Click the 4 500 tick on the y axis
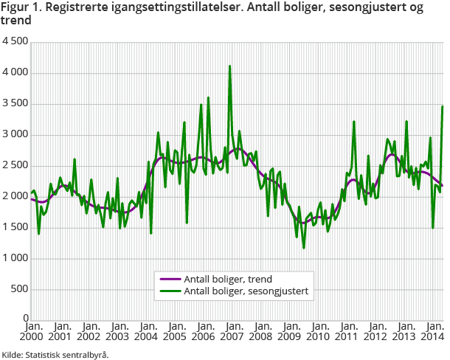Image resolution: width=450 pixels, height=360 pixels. [x=15, y=42]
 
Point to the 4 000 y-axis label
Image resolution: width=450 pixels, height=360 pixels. [x=15, y=73]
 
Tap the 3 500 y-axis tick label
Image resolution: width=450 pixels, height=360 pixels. [x=15, y=104]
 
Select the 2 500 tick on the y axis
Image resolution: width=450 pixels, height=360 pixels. [x=15, y=165]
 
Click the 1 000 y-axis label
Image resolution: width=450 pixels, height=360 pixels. [x=15, y=258]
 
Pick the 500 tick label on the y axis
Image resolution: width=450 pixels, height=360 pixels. [x=20, y=289]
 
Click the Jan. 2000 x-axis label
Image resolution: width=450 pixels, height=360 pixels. [x=32, y=330]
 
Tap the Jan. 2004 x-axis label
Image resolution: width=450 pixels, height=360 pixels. [x=148, y=330]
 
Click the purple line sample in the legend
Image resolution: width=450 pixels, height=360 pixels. [x=170, y=278]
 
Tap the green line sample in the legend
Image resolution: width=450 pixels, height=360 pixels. [x=170, y=291]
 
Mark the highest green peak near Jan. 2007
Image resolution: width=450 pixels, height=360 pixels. [x=230, y=66]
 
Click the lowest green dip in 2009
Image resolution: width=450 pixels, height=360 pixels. [x=303, y=248]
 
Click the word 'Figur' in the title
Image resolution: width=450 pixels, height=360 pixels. [x=14, y=8]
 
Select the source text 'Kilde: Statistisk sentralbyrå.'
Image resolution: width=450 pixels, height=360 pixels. [x=55, y=354]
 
